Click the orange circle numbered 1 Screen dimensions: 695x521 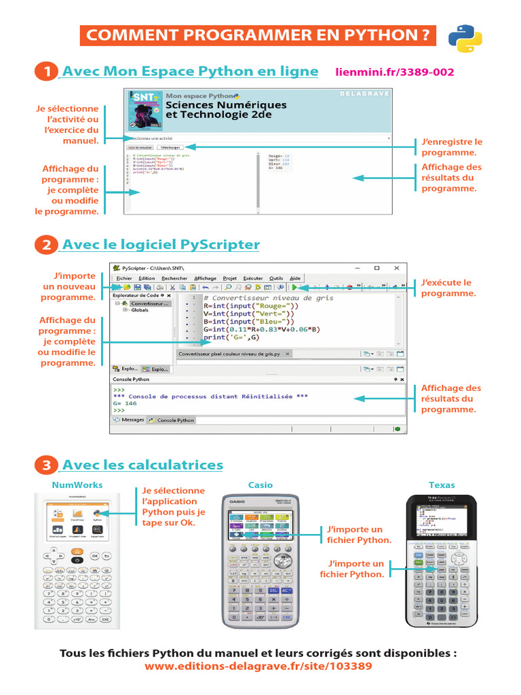(46, 71)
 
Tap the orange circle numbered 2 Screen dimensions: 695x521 (46, 244)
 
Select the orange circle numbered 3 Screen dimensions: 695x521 (46, 465)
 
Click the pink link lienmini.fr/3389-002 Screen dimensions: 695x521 (395, 72)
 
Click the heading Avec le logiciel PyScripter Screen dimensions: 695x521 (161, 244)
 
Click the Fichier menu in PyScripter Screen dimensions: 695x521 (124, 278)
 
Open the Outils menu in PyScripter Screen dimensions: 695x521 (276, 278)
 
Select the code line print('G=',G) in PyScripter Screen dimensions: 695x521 (232, 337)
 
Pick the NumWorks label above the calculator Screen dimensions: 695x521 (77, 485)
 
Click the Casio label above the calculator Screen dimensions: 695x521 (260, 485)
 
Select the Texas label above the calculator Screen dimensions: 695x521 (442, 485)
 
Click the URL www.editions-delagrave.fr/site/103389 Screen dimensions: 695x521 (258, 666)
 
